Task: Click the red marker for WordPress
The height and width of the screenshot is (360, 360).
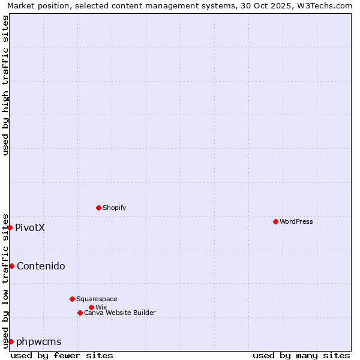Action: tap(275, 221)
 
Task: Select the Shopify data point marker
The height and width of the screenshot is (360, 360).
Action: tap(98, 208)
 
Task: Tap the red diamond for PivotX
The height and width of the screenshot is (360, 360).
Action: tap(10, 227)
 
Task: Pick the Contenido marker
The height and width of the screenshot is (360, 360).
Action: tap(11, 266)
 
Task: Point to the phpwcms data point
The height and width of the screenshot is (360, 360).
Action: tap(11, 341)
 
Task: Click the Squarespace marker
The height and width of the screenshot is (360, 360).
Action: tap(72, 299)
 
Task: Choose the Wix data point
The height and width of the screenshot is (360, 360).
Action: tap(91, 307)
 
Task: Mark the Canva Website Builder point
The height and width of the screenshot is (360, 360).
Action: tap(80, 313)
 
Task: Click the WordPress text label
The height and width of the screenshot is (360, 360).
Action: tap(296, 221)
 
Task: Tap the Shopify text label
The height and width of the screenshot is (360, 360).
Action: tap(114, 208)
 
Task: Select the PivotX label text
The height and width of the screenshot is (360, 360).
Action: tap(30, 227)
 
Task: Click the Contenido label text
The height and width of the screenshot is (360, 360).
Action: tap(41, 266)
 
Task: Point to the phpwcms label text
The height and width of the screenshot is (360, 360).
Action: tap(39, 341)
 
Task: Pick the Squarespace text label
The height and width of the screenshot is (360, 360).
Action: tap(97, 299)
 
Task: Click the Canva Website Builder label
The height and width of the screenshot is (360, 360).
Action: tap(120, 313)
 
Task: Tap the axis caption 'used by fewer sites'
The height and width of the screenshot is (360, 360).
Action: tap(62, 355)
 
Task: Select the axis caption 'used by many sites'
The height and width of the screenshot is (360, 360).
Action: tap(301, 355)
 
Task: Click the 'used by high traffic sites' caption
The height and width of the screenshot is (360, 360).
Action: tap(5, 85)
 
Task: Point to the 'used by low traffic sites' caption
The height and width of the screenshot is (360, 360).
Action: tap(5, 280)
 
